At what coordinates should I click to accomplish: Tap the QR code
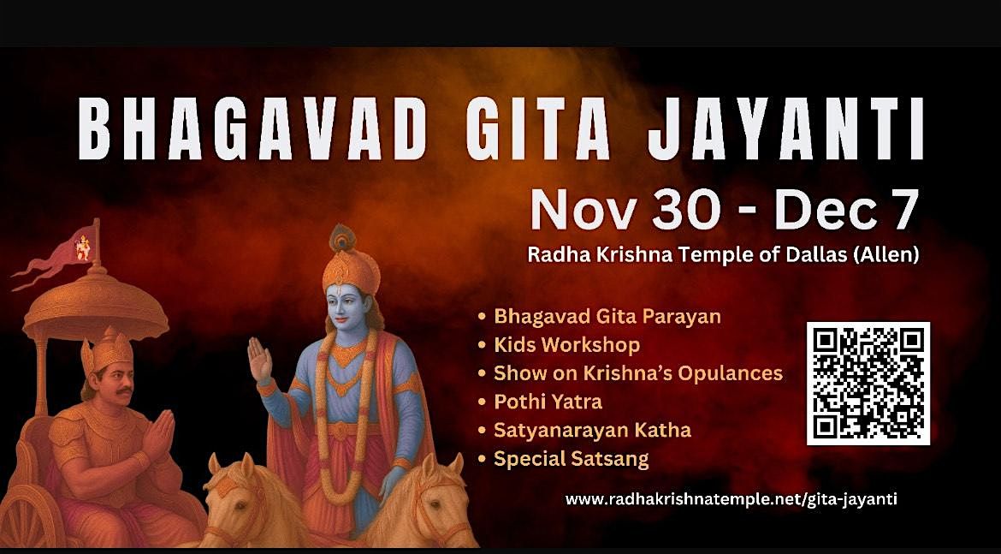(x=868, y=383)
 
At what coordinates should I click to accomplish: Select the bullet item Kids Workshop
(x=566, y=345)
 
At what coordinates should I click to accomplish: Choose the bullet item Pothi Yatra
(x=548, y=401)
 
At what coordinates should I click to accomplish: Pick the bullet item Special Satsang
(x=571, y=459)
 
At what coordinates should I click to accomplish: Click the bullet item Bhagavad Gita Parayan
(x=607, y=316)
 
